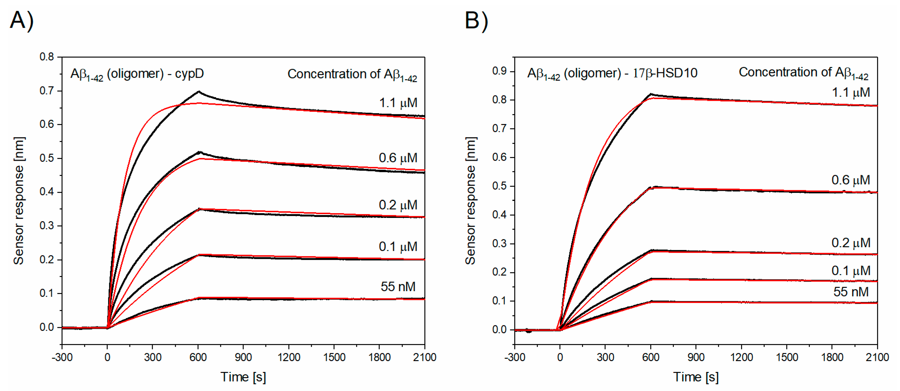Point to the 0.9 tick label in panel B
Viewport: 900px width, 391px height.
coord(499,71)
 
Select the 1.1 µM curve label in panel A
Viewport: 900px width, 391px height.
coord(398,103)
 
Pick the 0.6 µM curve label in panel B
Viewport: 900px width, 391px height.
coord(851,180)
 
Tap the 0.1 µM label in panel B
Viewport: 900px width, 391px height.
coord(851,271)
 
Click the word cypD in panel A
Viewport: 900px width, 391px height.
coord(189,74)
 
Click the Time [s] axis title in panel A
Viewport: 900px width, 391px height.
coord(243,377)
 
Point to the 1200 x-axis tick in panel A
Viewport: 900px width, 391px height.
coord(289,357)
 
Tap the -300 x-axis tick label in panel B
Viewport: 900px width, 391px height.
coord(515,357)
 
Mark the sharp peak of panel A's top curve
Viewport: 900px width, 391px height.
coord(198,92)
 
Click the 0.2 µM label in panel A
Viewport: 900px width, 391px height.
coord(398,205)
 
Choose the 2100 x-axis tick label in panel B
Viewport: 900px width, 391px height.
coord(877,357)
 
